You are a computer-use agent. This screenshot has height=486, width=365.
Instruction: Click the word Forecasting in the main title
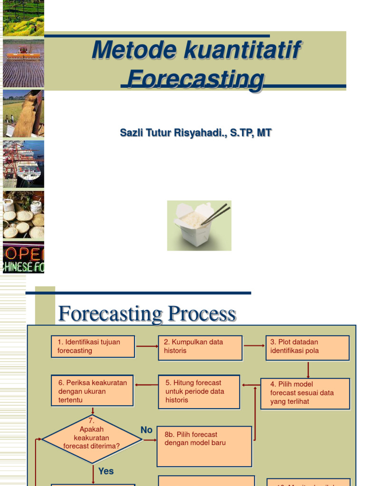point(195,79)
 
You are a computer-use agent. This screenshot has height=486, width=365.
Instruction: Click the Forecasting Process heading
point(147,314)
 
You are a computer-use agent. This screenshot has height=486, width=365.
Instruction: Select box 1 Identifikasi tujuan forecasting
point(93,346)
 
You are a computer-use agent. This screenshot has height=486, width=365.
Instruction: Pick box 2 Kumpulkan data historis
point(200,346)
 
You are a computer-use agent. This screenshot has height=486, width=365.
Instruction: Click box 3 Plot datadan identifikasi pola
point(307,347)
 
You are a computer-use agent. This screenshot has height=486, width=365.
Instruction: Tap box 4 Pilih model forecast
point(305,393)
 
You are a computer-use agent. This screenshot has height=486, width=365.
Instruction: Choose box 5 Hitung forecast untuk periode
point(199,392)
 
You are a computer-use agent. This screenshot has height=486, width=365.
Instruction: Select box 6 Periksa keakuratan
point(92,391)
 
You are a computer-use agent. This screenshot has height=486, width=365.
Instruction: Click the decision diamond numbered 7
point(92,439)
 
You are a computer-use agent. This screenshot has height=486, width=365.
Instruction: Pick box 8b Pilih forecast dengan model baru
point(204,446)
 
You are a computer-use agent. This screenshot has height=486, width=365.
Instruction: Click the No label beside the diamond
point(146,430)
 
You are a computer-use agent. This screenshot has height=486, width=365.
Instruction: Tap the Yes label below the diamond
point(106,471)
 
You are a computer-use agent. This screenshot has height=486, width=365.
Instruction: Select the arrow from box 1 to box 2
point(146,346)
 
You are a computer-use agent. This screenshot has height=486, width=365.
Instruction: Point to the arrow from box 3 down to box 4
point(308,369)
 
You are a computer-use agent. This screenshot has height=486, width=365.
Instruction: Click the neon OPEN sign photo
point(23,257)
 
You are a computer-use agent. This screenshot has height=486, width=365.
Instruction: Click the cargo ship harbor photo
point(23,164)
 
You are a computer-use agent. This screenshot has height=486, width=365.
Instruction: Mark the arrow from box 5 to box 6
point(146,384)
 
